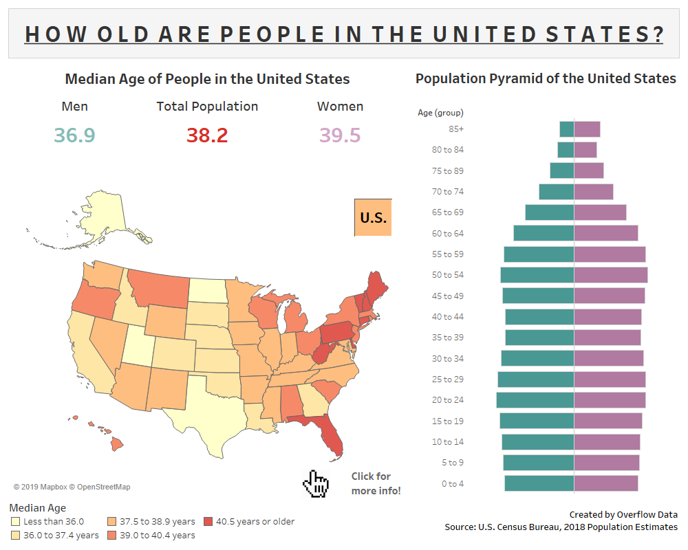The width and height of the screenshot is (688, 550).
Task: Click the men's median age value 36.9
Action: click(x=74, y=135)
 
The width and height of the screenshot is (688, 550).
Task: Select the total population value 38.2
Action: click(x=207, y=135)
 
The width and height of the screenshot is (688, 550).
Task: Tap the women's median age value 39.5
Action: click(x=340, y=135)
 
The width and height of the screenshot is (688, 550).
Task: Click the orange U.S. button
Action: click(x=373, y=217)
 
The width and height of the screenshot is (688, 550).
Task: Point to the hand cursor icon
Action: click(x=316, y=483)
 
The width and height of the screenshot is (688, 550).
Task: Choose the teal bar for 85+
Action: click(x=566, y=129)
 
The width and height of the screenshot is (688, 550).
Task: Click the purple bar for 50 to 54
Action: click(x=610, y=275)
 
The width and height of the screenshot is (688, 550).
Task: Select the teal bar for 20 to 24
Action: click(x=535, y=400)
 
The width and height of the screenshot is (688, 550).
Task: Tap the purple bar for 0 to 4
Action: click(x=605, y=483)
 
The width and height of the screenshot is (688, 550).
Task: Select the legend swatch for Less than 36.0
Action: click(x=16, y=522)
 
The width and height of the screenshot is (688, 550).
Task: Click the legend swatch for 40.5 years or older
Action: click(x=208, y=522)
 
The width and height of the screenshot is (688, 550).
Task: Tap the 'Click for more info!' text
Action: click(x=376, y=483)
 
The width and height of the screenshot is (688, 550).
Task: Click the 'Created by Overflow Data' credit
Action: click(x=623, y=514)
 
